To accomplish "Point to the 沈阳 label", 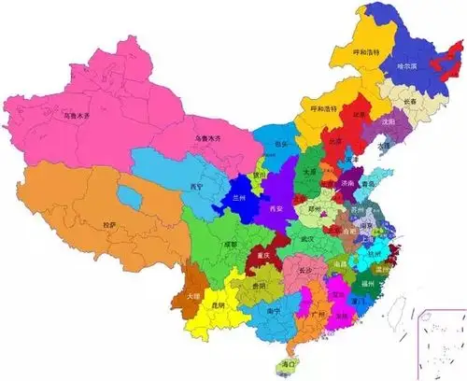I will click(388, 121).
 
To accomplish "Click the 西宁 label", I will click(197, 187).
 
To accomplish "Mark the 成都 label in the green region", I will click(230, 245).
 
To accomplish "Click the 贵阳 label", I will click(259, 286).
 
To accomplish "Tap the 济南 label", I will click(347, 185).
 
